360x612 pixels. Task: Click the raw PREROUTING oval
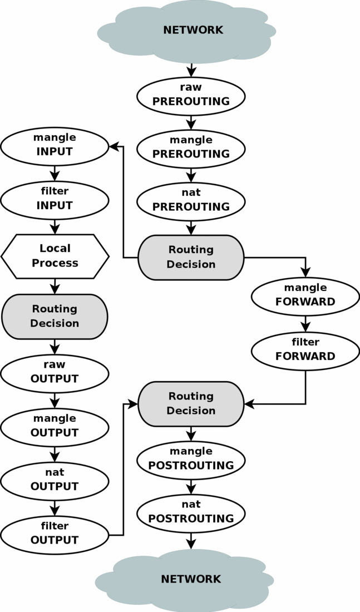click(x=191, y=95)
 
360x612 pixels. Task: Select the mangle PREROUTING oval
click(x=191, y=147)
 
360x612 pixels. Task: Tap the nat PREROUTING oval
click(x=191, y=200)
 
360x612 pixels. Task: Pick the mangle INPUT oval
click(x=55, y=145)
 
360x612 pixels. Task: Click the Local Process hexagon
click(x=55, y=256)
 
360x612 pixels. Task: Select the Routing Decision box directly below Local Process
click(x=55, y=316)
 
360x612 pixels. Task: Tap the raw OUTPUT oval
click(x=55, y=372)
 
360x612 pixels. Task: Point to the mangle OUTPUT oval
click(x=55, y=426)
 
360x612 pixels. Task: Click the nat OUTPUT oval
click(x=55, y=480)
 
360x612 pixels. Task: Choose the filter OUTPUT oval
click(x=55, y=534)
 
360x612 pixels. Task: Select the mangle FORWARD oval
click(x=305, y=295)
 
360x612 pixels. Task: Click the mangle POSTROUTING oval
click(x=191, y=459)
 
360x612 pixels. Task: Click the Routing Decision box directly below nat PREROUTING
click(x=191, y=257)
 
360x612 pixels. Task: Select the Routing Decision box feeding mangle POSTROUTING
click(x=191, y=403)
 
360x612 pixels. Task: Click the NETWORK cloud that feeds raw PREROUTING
click(x=186, y=31)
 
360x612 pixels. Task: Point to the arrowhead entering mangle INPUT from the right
click(x=114, y=146)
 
